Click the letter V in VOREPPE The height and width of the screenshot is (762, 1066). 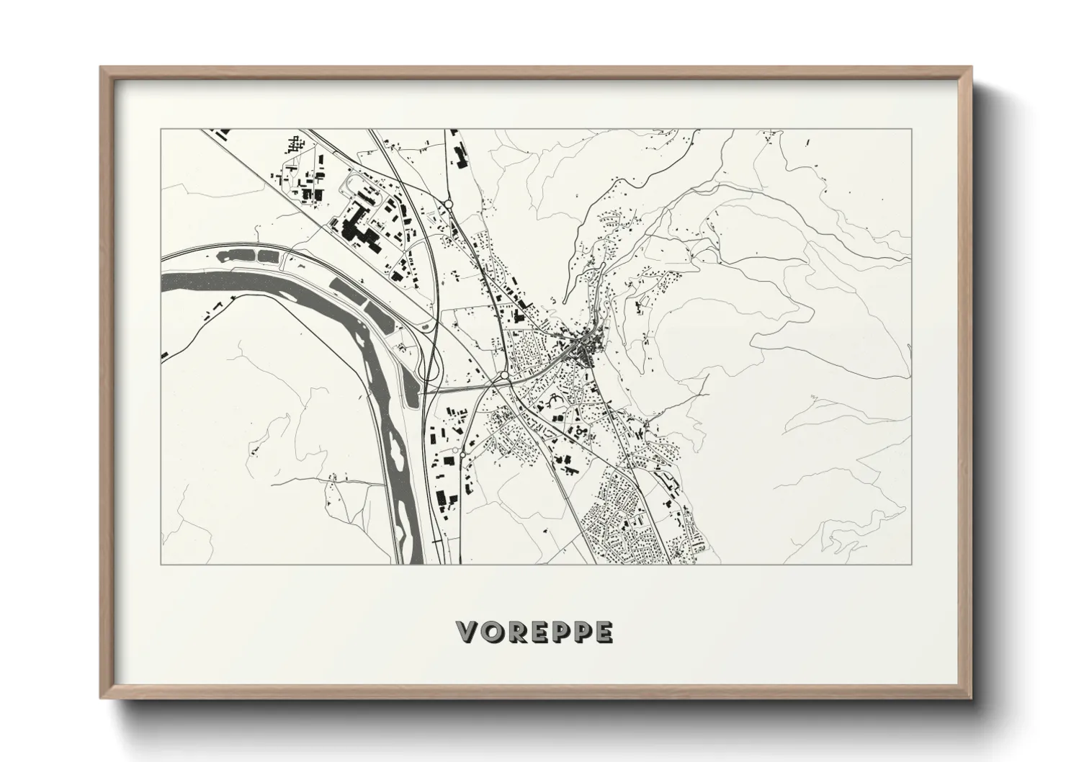click(x=468, y=632)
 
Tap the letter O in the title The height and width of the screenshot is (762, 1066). click(x=491, y=632)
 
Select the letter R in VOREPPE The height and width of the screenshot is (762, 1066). click(x=514, y=632)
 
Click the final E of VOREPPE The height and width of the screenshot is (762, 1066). click(x=603, y=632)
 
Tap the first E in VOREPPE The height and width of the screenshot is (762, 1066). click(x=537, y=632)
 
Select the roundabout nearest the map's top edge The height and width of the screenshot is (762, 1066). click(x=448, y=205)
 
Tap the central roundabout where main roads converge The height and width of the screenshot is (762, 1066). click(x=502, y=376)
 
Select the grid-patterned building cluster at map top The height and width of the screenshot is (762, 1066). click(x=294, y=144)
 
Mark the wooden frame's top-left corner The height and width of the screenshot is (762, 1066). click(x=101, y=67)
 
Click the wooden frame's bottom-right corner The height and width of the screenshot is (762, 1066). click(x=972, y=698)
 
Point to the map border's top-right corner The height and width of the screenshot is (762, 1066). click(x=911, y=130)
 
